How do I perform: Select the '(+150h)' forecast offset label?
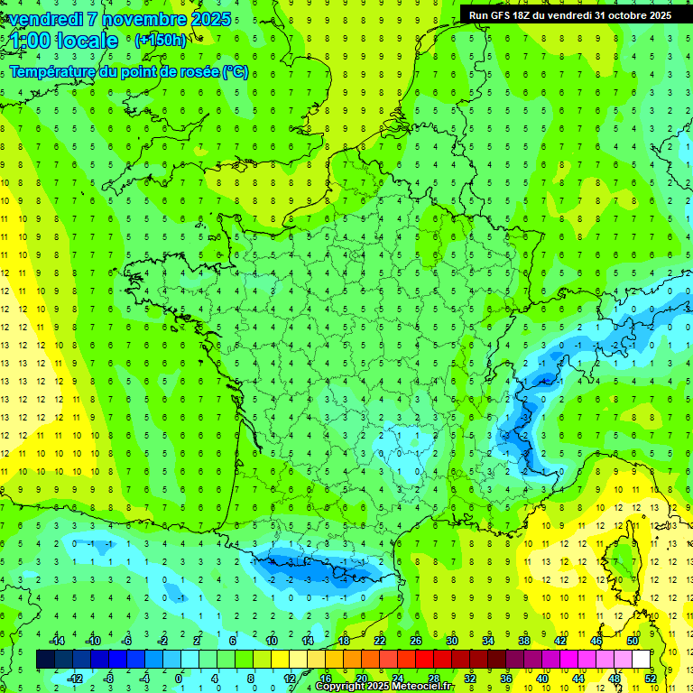point(161,40)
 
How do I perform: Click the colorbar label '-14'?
point(56,640)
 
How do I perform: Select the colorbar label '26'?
point(416,640)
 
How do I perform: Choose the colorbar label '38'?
point(523,640)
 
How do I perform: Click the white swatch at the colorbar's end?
point(642,659)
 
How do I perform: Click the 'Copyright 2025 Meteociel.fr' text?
point(384,687)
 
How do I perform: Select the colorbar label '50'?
point(632,640)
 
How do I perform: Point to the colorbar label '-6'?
point(127,640)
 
